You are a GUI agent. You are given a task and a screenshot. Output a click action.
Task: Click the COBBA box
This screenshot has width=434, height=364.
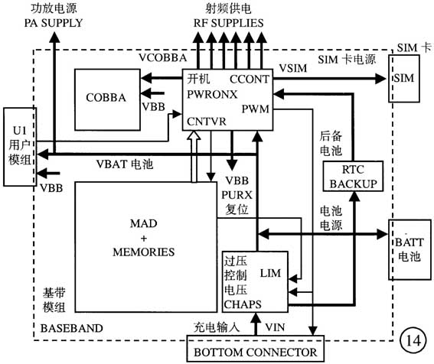(x=106, y=98)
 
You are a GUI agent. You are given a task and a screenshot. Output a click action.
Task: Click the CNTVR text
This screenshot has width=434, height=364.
(x=204, y=121)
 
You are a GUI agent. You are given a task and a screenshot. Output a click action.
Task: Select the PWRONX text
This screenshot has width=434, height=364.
(x=211, y=93)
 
